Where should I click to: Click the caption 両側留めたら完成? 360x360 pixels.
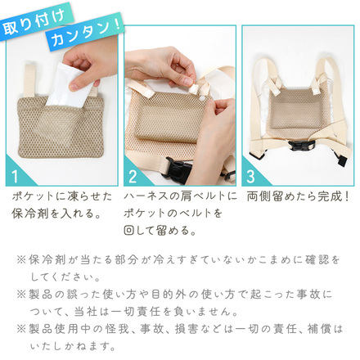click(x=298, y=198)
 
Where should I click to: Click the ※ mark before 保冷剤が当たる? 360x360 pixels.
click(x=20, y=260)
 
